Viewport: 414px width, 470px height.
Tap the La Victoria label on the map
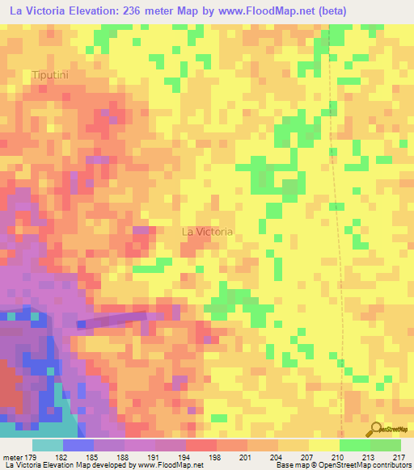pyautogui.click(x=207, y=232)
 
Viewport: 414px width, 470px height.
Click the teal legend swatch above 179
pyautogui.click(x=48, y=445)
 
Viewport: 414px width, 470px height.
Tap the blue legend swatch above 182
pyautogui.click(x=78, y=445)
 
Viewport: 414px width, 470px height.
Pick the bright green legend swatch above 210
pyautogui.click(x=355, y=445)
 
